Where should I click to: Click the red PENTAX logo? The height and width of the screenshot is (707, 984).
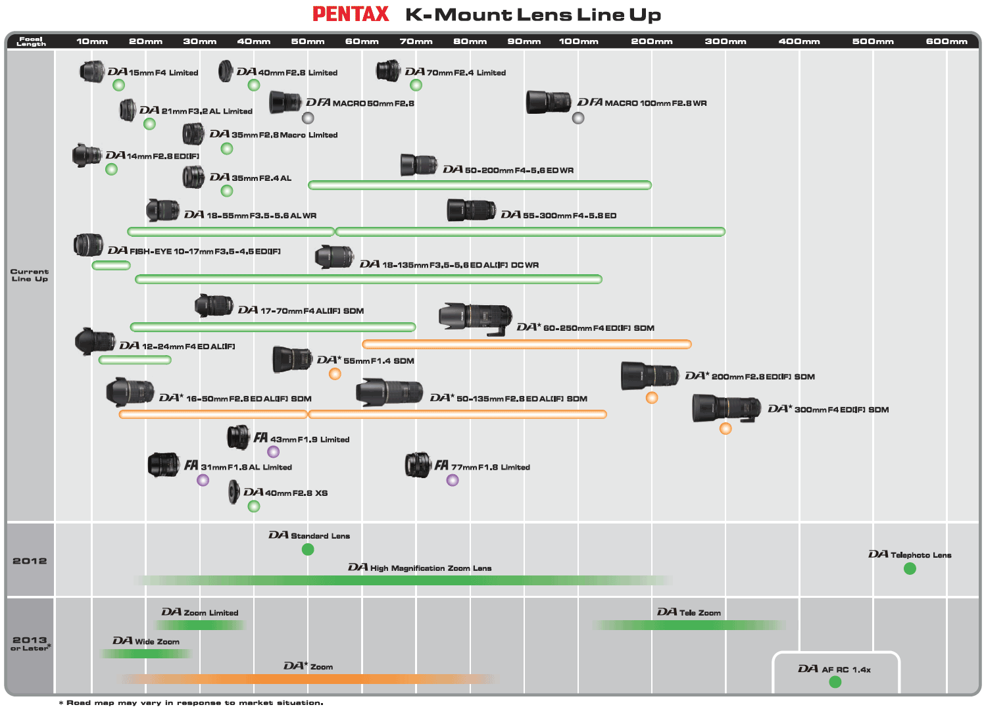tap(351, 14)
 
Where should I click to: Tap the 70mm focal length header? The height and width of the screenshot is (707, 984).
tap(416, 41)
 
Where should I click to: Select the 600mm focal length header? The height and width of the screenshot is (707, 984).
tap(947, 41)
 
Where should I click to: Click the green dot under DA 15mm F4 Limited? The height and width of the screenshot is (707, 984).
tap(118, 85)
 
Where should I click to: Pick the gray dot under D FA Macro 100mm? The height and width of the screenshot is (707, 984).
tap(578, 118)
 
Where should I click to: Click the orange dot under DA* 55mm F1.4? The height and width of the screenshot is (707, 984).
tap(335, 374)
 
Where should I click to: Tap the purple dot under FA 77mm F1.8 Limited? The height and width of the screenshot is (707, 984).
tap(453, 480)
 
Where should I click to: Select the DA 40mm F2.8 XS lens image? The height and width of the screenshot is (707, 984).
tap(234, 492)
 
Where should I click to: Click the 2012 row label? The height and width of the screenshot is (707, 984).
tap(30, 561)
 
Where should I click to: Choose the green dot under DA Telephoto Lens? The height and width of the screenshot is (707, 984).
tap(910, 568)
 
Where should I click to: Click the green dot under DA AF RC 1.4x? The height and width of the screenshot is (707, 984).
tap(835, 682)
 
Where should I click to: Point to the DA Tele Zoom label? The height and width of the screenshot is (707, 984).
tap(689, 612)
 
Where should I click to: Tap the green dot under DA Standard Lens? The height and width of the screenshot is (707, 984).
tap(308, 549)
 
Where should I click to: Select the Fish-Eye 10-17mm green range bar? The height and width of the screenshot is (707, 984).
tap(111, 266)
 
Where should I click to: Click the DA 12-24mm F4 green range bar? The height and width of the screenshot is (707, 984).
tap(135, 360)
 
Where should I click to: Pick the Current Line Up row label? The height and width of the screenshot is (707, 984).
tap(30, 275)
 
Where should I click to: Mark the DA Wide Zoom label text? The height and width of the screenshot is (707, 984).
tap(145, 641)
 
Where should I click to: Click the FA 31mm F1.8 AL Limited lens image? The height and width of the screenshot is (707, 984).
tap(164, 464)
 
